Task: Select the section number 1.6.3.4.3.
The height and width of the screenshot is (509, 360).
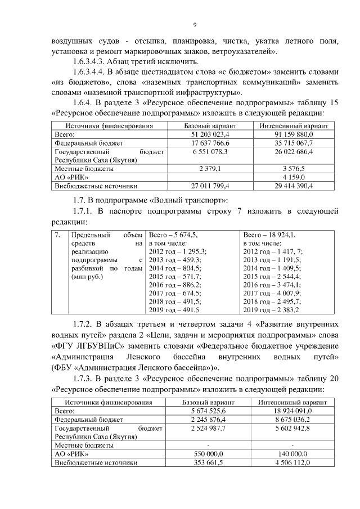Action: [92, 61]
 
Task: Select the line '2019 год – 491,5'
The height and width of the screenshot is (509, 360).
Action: [174, 310]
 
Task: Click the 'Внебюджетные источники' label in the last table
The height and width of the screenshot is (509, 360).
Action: [96, 462]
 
